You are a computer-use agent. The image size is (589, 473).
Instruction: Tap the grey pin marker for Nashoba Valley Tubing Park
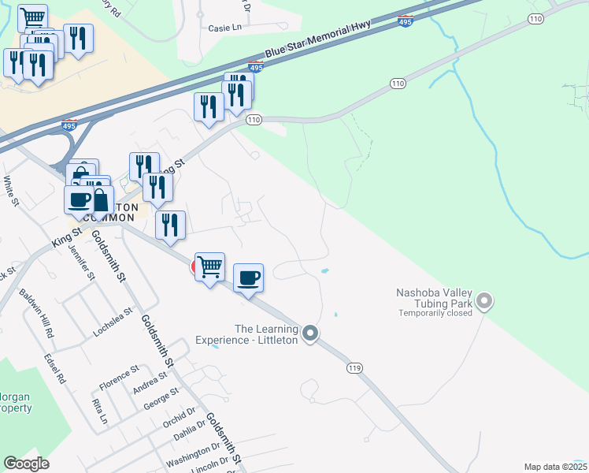pos(484,301)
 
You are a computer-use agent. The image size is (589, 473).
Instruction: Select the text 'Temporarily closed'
pos(435,312)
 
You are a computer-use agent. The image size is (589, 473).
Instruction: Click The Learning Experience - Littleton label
pos(267,334)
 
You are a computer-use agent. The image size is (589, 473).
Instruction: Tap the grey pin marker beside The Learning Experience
pos(310,334)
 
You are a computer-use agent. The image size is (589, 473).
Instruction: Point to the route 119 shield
pos(355,367)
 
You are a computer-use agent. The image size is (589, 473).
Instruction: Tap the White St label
pos(9,192)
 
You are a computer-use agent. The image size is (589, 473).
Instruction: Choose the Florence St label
pos(119,378)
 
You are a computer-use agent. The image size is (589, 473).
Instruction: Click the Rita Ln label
pos(100,411)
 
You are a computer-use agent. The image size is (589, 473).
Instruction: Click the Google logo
pos(27,464)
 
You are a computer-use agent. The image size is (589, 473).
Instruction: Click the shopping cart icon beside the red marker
pos(210,267)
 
